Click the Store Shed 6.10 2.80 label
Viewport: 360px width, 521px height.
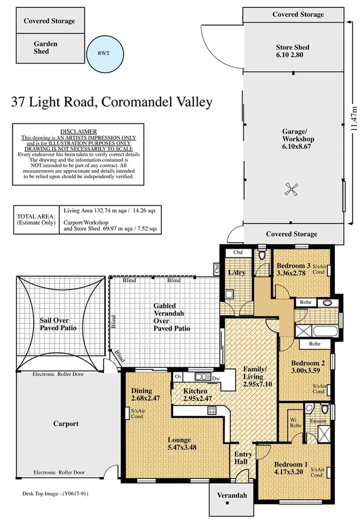point(292,51)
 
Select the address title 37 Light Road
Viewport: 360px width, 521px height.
point(112,102)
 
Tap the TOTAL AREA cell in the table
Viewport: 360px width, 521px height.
point(35,220)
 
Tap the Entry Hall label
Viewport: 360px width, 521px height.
point(243,458)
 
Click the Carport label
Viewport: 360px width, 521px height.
point(66,424)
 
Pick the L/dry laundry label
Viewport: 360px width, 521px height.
point(236,272)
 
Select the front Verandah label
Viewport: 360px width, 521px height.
point(228,497)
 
